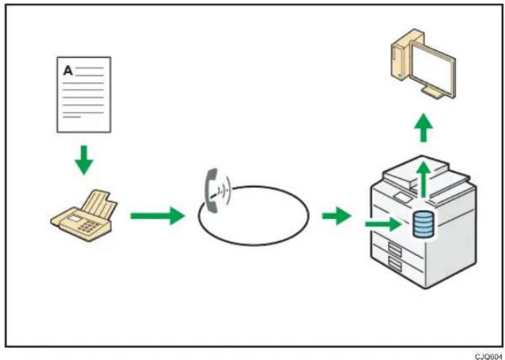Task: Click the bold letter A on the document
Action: pos(68,70)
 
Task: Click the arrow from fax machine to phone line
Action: pos(157,216)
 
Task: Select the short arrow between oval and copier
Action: pos(336,216)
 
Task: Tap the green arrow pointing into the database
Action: pos(383,223)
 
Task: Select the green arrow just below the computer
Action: pos(424,127)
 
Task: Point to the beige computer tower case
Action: pos(402,54)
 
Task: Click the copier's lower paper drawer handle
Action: pos(395,264)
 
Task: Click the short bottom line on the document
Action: pos(72,117)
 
